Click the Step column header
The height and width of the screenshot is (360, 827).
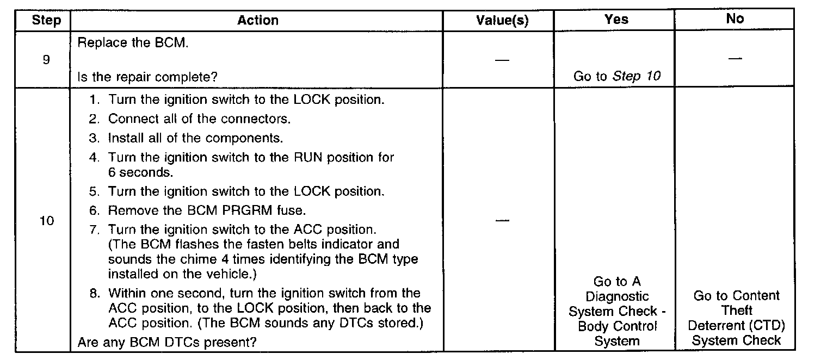[47, 21]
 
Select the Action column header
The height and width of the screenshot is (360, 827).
[258, 20]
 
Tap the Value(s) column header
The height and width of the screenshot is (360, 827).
[502, 21]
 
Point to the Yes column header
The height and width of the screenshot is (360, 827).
[616, 19]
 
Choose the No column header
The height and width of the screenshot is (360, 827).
[735, 18]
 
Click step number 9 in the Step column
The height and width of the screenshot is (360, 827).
[46, 59]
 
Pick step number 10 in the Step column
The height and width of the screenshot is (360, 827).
[47, 221]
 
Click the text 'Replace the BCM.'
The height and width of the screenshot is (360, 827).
[133, 43]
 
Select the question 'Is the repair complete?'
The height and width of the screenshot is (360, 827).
[147, 77]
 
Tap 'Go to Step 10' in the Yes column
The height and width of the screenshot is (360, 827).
[616, 76]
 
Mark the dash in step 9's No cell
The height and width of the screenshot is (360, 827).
[735, 58]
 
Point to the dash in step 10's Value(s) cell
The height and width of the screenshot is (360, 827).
[502, 220]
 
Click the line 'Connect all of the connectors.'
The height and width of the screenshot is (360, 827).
[199, 119]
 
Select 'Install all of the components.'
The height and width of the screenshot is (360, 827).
[195, 138]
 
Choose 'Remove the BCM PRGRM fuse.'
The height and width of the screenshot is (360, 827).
[207, 210]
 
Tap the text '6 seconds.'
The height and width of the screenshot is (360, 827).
[141, 172]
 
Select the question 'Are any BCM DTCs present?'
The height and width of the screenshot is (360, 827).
[167, 342]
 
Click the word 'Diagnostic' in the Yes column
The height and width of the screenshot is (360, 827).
[617, 296]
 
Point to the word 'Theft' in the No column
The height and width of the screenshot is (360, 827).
[737, 311]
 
